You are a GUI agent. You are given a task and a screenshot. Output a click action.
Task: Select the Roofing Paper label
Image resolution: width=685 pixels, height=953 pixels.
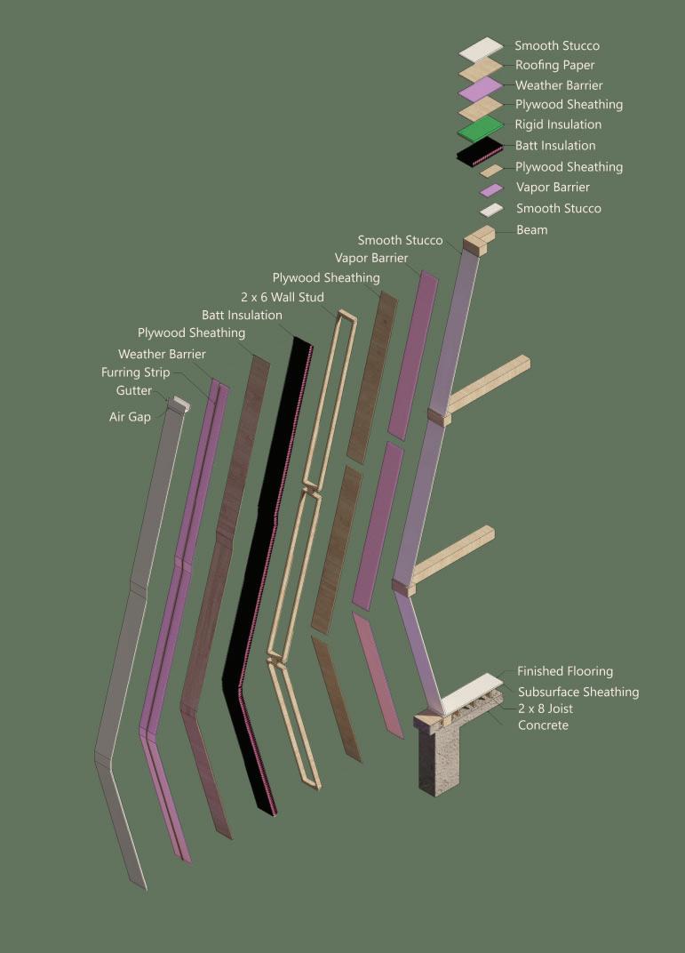(554, 65)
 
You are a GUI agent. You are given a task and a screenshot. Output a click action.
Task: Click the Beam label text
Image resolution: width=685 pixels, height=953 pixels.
(532, 229)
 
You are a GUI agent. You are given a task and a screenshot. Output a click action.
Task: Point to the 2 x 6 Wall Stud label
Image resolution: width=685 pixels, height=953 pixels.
(282, 297)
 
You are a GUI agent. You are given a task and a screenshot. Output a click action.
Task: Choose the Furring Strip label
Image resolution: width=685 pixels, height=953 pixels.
(135, 372)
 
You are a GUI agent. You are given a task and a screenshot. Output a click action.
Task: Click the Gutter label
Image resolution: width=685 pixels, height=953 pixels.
(133, 390)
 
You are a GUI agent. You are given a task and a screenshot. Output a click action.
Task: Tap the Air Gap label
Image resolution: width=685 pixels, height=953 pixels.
(130, 416)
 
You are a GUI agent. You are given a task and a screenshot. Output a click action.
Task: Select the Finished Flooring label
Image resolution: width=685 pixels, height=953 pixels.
(565, 671)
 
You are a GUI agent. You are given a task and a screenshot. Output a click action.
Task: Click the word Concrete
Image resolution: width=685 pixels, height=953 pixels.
(543, 725)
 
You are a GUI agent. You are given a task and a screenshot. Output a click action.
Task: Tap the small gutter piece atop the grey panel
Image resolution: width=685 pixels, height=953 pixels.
(179, 404)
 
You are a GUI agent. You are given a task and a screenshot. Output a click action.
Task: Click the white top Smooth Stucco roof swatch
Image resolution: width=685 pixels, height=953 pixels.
(481, 47)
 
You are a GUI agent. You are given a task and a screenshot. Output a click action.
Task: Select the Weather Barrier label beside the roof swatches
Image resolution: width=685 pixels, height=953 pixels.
(559, 85)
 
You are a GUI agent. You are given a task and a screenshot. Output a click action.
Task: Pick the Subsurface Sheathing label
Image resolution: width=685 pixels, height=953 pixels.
(578, 692)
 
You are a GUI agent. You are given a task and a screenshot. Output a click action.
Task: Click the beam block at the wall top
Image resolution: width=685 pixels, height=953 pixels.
(478, 239)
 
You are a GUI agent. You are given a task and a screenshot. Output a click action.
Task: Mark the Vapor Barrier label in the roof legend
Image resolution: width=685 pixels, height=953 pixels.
(553, 187)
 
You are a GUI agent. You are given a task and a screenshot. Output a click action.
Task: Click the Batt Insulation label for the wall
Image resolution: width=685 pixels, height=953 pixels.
(242, 315)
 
